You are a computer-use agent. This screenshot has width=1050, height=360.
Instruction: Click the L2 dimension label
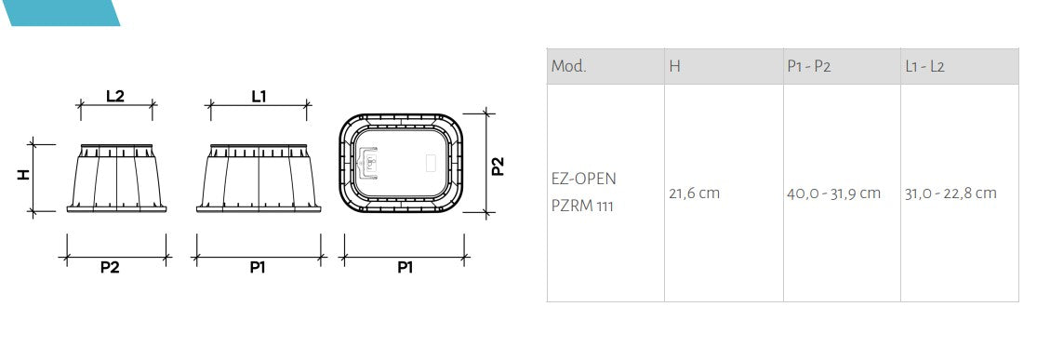[115, 96]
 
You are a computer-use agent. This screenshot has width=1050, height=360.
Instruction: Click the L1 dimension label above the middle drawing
[258, 96]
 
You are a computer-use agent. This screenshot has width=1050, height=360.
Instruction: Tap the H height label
[24, 175]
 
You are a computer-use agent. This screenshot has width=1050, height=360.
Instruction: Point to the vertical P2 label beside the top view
[498, 166]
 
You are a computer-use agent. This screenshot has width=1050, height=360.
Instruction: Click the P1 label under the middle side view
[258, 268]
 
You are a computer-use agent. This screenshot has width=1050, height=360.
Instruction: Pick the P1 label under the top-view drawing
[405, 268]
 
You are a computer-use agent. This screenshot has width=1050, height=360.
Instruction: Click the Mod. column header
[568, 67]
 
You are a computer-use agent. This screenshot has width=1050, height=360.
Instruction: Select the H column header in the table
[675, 67]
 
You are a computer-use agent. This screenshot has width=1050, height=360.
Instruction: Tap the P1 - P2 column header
[808, 67]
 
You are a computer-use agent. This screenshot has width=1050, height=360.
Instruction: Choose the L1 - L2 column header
[924, 67]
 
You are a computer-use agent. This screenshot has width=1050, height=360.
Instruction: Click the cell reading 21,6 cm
[694, 193]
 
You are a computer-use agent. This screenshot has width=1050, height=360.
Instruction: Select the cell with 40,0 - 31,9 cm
[833, 193]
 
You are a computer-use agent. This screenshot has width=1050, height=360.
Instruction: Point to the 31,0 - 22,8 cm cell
[950, 193]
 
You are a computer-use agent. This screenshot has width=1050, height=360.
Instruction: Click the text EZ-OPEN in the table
[583, 179]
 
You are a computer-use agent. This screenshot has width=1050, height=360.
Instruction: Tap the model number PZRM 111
[583, 205]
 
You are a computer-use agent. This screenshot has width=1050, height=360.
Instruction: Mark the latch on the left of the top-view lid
[370, 164]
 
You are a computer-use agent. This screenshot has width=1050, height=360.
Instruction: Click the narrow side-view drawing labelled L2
[116, 177]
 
